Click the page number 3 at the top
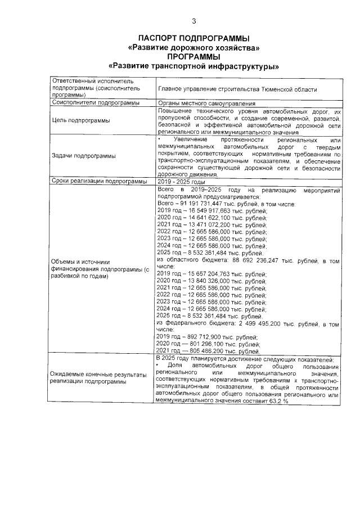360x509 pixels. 193,22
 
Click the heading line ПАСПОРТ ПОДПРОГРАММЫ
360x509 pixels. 193,38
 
